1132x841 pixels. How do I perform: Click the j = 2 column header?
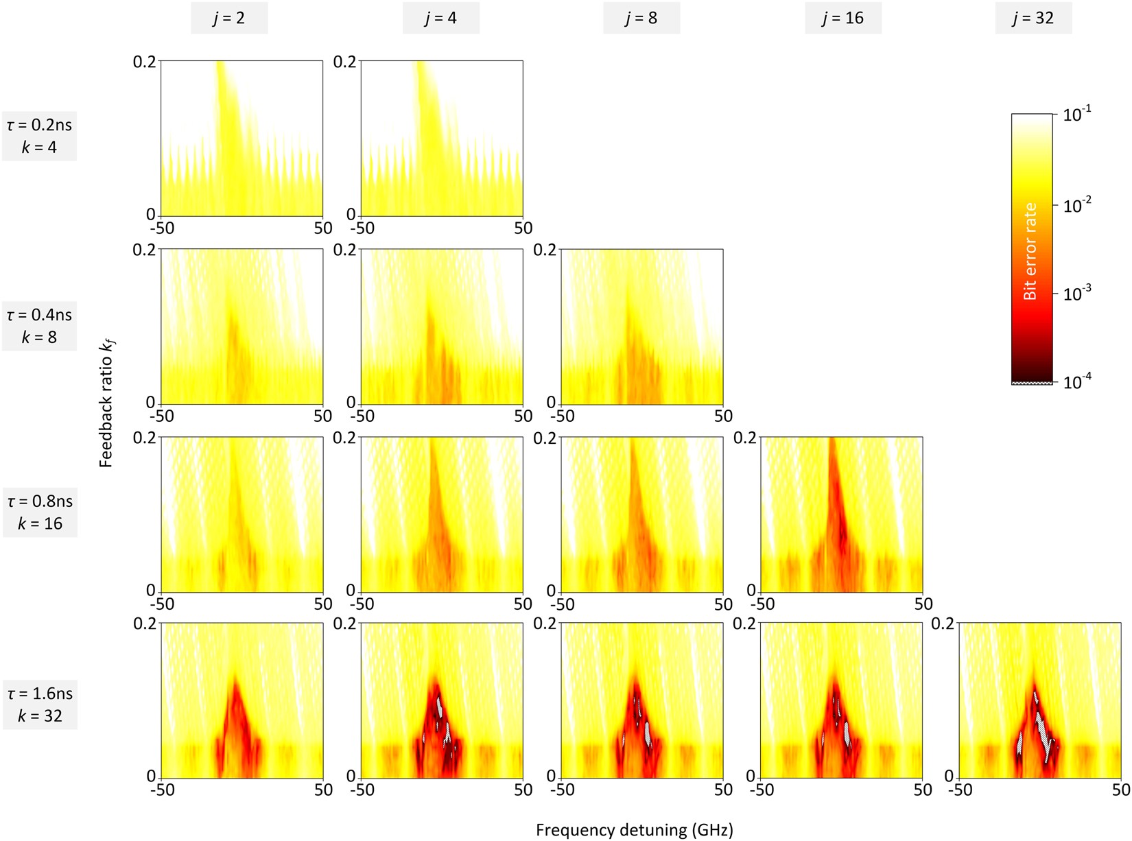pyautogui.click(x=229, y=18)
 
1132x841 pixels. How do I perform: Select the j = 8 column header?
pyautogui.click(x=641, y=18)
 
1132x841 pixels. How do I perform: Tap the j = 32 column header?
pyautogui.click(x=1033, y=18)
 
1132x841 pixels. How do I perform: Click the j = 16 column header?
pyautogui.click(x=843, y=18)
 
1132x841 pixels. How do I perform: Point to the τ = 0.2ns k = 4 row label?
pyautogui.click(x=39, y=136)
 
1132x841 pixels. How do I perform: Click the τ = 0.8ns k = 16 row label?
pyautogui.click(x=40, y=512)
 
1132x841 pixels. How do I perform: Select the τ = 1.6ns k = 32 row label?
pyautogui.click(x=40, y=704)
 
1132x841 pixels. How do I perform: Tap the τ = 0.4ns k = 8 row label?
pyautogui.click(x=39, y=326)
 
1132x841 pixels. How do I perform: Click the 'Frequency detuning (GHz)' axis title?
pyautogui.click(x=634, y=830)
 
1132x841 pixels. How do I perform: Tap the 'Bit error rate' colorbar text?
pyautogui.click(x=1030, y=251)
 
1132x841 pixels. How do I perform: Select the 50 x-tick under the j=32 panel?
pyautogui.click(x=1121, y=790)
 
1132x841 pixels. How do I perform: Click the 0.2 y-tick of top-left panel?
pyautogui.click(x=144, y=62)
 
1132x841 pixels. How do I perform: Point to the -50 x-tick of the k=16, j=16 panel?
pyautogui.click(x=762, y=604)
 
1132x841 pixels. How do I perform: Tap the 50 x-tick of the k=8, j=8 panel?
pyautogui.click(x=723, y=416)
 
